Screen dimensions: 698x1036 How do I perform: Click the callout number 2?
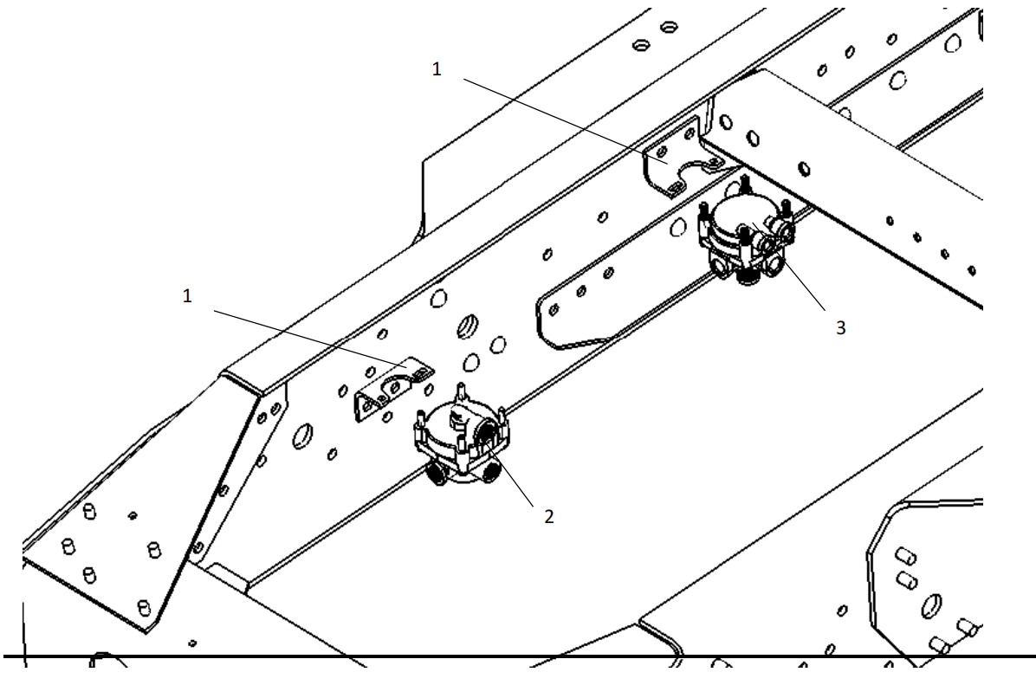(548, 517)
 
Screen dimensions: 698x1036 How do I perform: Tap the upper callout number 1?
(437, 70)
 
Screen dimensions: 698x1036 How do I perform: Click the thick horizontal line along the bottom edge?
(520, 655)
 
